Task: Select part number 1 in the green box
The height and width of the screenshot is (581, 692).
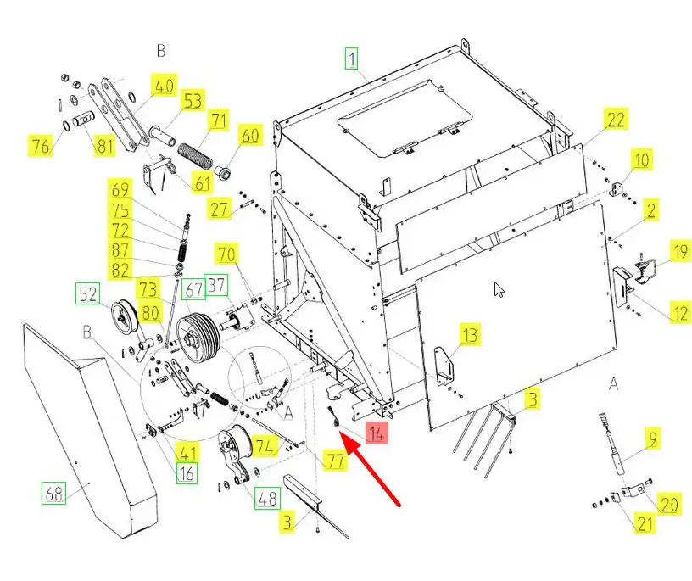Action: pyautogui.click(x=351, y=59)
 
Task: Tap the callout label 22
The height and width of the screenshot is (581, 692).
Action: pyautogui.click(x=616, y=120)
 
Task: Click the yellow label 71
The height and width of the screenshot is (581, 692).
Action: pyautogui.click(x=220, y=120)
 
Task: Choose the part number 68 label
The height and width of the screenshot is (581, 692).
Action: pyautogui.click(x=54, y=493)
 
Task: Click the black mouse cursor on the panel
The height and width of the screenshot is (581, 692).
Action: pyautogui.click(x=499, y=289)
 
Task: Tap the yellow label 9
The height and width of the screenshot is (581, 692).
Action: pyautogui.click(x=652, y=439)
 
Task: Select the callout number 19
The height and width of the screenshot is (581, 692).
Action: pyautogui.click(x=680, y=251)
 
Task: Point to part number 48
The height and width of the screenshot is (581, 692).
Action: pyautogui.click(x=268, y=499)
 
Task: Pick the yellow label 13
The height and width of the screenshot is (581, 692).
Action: pyautogui.click(x=470, y=334)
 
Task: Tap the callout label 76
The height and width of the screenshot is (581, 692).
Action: pyautogui.click(x=40, y=146)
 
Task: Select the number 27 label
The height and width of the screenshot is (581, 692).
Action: pyautogui.click(x=220, y=209)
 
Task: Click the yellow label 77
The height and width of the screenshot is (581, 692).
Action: pyautogui.click(x=337, y=461)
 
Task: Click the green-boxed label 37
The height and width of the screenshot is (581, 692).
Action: pyautogui.click(x=217, y=285)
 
